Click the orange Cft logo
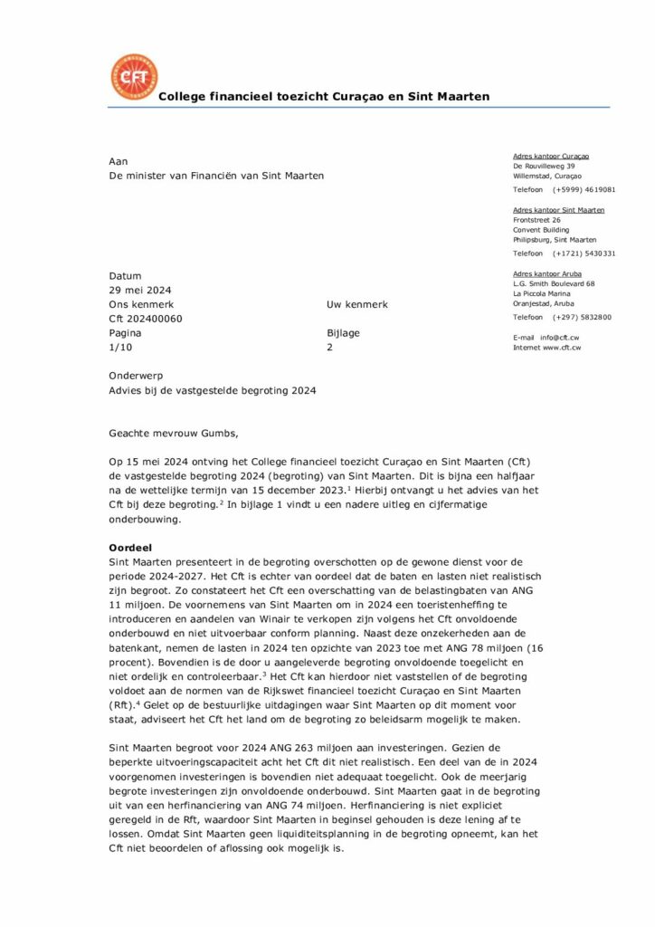click(132, 77)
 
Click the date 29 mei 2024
click(140, 291)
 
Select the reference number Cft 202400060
click(145, 319)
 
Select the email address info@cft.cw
click(560, 338)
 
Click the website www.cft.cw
click(562, 348)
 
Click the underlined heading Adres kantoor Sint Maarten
click(558, 210)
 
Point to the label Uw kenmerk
click(356, 305)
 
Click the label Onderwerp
click(135, 375)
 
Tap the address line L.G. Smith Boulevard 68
click(553, 283)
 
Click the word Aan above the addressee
click(118, 161)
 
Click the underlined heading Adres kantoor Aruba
click(547, 273)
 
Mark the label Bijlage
click(343, 333)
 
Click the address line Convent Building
click(541, 230)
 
